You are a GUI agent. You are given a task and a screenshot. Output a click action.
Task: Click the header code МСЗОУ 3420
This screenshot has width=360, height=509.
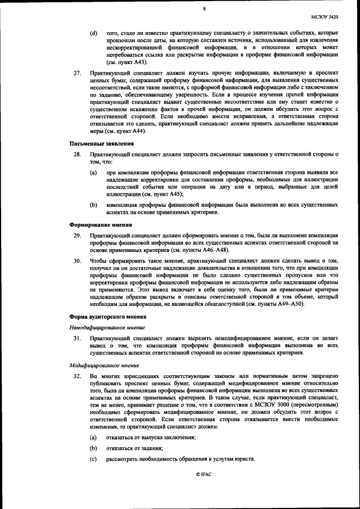click(x=332, y=17)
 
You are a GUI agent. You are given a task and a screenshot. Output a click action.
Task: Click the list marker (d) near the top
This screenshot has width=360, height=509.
click(x=93, y=34)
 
